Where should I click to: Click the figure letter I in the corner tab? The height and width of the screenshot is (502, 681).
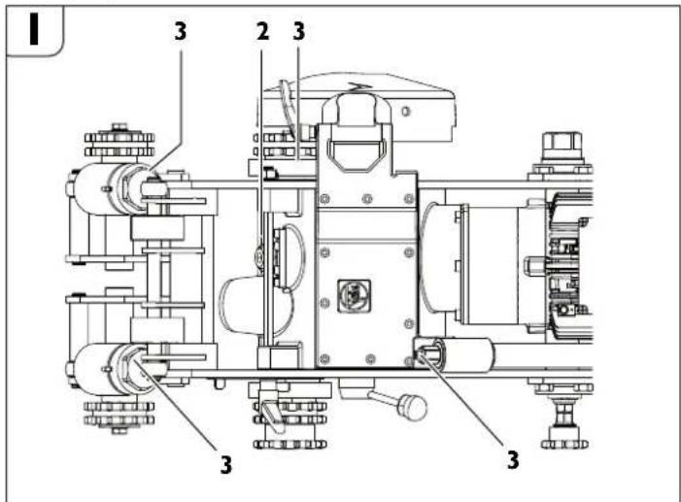coord(35,30)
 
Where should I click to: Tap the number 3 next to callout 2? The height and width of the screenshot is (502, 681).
coord(298,31)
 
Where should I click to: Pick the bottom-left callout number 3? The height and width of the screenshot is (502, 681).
coord(225,463)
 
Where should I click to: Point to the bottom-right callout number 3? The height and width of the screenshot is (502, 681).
coord(512,455)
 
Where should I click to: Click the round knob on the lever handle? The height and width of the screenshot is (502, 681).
coord(416,408)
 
